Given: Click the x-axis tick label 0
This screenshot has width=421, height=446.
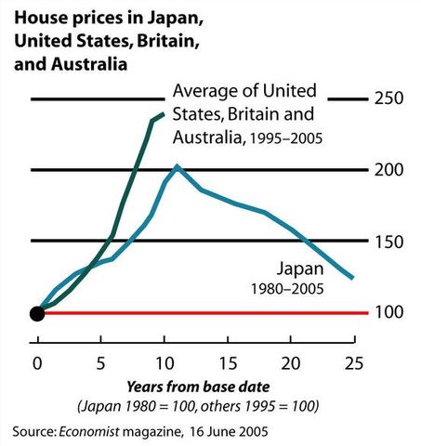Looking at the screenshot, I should [37, 361].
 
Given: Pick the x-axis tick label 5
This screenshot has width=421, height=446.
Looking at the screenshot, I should [100, 361].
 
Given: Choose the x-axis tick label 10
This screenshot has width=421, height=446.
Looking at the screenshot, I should [164, 361].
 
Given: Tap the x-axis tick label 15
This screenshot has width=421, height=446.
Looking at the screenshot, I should [227, 361].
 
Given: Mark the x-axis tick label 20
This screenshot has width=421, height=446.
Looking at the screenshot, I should [290, 361].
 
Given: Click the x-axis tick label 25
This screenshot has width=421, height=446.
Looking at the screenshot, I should [353, 361].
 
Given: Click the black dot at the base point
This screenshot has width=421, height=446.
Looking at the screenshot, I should [37, 313].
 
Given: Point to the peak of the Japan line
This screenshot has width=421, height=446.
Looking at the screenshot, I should [177, 166].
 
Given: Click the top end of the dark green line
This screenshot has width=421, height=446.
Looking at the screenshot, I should [164, 113].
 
